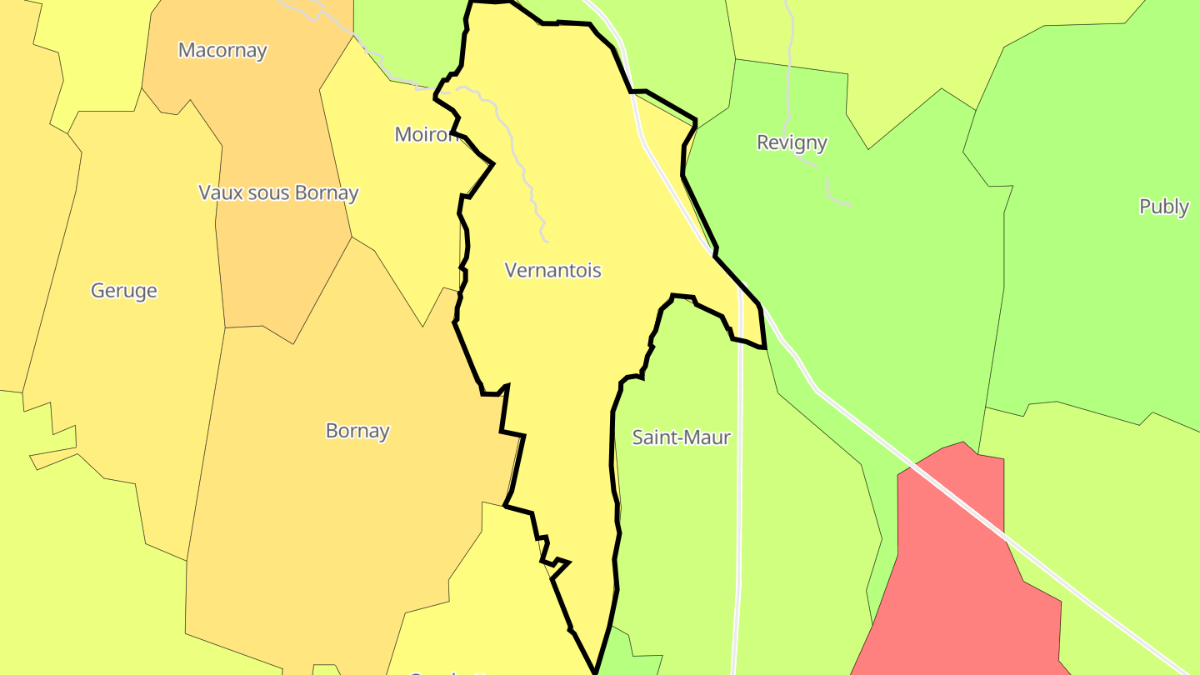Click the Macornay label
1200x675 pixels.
click(x=222, y=50)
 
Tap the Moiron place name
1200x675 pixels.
click(x=426, y=134)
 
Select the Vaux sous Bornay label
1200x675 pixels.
click(x=278, y=192)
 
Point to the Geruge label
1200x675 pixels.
click(x=123, y=291)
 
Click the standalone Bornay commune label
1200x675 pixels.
click(x=357, y=431)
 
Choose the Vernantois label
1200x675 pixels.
click(x=552, y=270)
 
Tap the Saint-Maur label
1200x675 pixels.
click(x=681, y=437)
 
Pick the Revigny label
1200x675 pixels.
click(x=792, y=142)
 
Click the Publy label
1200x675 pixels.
click(x=1163, y=207)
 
